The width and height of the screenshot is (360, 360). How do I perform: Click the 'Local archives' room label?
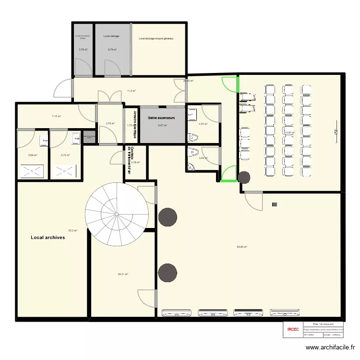[48, 237]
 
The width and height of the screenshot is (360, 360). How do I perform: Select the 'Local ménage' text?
[111, 36]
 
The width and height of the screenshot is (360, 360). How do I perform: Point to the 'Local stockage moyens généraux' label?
[156, 38]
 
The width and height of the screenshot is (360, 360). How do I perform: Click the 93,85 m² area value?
[242, 247]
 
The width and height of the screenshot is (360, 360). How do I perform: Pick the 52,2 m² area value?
[73, 230]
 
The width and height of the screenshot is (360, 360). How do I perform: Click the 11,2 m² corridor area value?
[131, 91]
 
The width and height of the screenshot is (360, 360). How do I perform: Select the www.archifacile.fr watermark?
[331, 348]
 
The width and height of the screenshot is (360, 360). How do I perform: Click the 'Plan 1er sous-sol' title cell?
[323, 324]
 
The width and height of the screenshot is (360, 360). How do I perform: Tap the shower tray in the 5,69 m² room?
[32, 171]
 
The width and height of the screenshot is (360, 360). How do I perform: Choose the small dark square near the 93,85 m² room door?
[275, 204]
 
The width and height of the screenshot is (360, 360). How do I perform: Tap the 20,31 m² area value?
[123, 275]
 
